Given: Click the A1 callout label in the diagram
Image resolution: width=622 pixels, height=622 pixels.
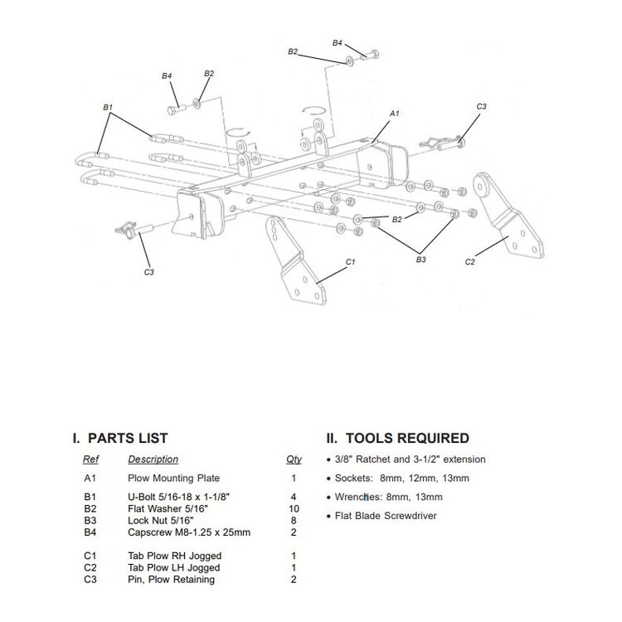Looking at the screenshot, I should (x=395, y=113).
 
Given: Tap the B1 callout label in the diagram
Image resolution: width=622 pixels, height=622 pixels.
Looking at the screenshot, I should (x=108, y=107).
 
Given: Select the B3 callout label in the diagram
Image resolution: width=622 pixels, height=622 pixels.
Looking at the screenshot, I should (x=420, y=260).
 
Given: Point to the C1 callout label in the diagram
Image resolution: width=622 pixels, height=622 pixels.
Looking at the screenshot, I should (x=350, y=262).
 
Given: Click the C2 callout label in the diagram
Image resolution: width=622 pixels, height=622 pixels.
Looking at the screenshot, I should (x=469, y=262).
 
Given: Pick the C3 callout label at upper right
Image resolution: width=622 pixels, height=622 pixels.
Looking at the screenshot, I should (x=481, y=107).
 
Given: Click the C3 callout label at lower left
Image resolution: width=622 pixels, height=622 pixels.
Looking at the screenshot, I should (x=149, y=271).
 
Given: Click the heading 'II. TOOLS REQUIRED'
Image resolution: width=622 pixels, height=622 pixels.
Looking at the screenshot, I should (x=397, y=438).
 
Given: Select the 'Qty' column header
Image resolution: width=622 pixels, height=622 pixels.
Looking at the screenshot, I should (x=293, y=459).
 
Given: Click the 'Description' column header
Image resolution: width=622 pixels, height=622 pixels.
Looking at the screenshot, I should (x=153, y=459).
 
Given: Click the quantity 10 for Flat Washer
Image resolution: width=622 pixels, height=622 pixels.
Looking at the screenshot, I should (x=293, y=508).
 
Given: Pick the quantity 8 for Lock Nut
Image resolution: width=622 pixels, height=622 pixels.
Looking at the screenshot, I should (x=293, y=520).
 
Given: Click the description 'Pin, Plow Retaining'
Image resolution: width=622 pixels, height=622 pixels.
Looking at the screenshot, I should (x=171, y=580).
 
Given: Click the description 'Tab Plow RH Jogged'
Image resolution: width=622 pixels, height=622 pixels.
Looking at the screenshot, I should (x=174, y=556).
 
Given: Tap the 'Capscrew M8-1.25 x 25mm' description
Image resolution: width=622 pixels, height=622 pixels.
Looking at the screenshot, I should (x=189, y=532).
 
